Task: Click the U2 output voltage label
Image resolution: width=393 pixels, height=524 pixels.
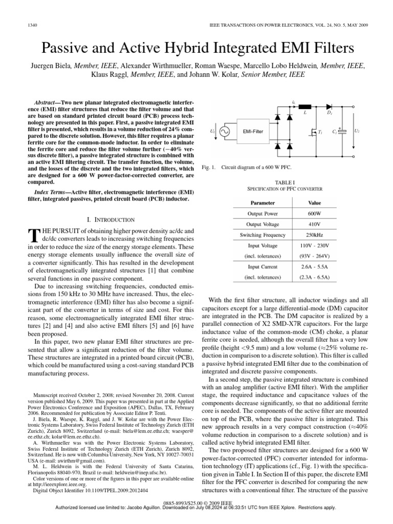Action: pyautogui.click(x=357, y=132)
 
